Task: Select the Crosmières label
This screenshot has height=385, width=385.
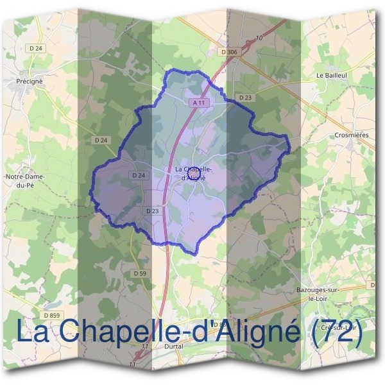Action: (x=350, y=135)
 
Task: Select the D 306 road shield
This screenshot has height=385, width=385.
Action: (x=228, y=51)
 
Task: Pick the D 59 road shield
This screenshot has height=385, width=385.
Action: (x=141, y=273)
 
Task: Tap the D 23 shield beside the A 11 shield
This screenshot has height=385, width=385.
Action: (x=245, y=98)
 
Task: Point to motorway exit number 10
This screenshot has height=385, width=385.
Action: (x=259, y=38)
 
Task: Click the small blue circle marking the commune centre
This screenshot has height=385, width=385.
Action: (x=194, y=170)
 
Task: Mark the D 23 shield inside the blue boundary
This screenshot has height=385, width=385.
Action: (x=152, y=210)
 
